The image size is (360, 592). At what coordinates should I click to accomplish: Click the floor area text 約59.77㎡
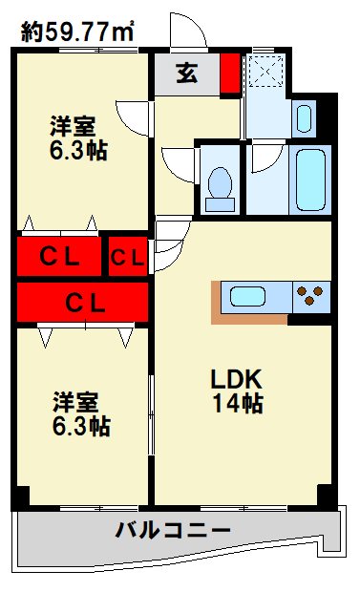(78, 32)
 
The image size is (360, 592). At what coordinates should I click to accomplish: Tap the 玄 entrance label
(187, 74)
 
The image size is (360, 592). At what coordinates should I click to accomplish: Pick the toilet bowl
(220, 182)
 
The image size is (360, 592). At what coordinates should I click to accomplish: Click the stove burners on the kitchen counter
(311, 297)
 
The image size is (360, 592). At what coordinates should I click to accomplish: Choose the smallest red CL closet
(127, 257)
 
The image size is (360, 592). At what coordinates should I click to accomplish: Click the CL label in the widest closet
(83, 302)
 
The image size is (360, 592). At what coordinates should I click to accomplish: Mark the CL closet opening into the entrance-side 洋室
(58, 256)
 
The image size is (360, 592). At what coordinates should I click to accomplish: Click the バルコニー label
(174, 530)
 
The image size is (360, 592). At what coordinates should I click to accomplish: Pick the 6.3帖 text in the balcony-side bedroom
(80, 427)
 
